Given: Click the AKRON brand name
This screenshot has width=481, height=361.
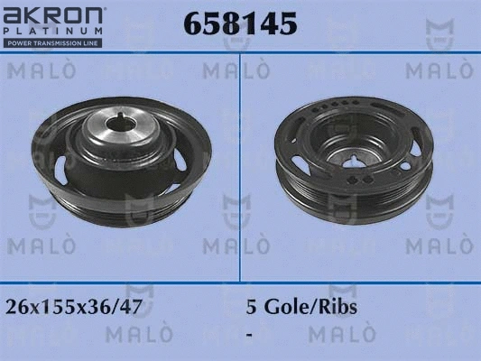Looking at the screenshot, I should pos(55,14).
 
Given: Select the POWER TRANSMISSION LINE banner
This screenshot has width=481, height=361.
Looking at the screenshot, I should pos(55,43).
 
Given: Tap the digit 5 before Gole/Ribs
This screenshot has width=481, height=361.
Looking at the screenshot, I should pos(252,306).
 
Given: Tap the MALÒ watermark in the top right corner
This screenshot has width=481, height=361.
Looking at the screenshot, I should pos(432,69).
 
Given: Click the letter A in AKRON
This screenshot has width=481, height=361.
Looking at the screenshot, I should pos(14,14).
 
